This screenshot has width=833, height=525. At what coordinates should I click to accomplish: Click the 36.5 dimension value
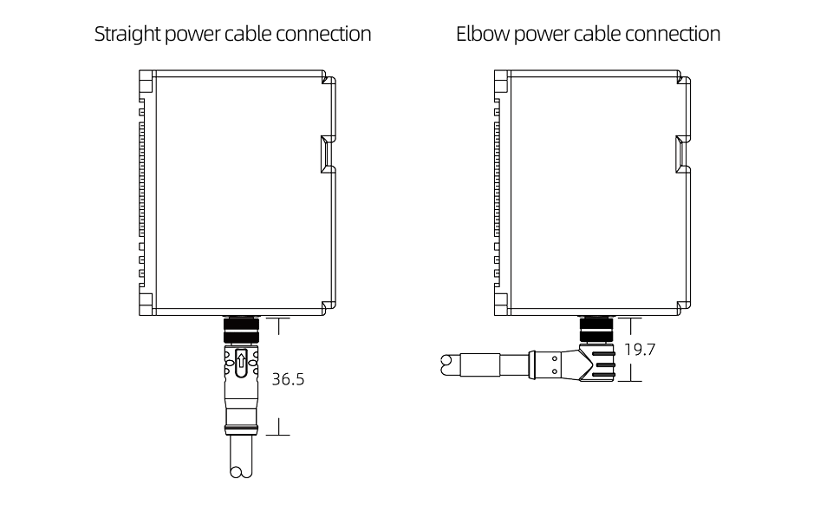coord(289,380)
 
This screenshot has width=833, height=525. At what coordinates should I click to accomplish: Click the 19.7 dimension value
coord(640,350)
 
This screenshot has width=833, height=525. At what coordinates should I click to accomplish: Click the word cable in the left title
coord(247,35)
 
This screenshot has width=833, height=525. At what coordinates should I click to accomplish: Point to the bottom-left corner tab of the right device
coord(501,303)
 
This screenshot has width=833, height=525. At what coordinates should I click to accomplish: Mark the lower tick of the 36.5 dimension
coord(278,434)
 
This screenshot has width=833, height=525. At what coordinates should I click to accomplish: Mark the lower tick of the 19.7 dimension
coord(631,380)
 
